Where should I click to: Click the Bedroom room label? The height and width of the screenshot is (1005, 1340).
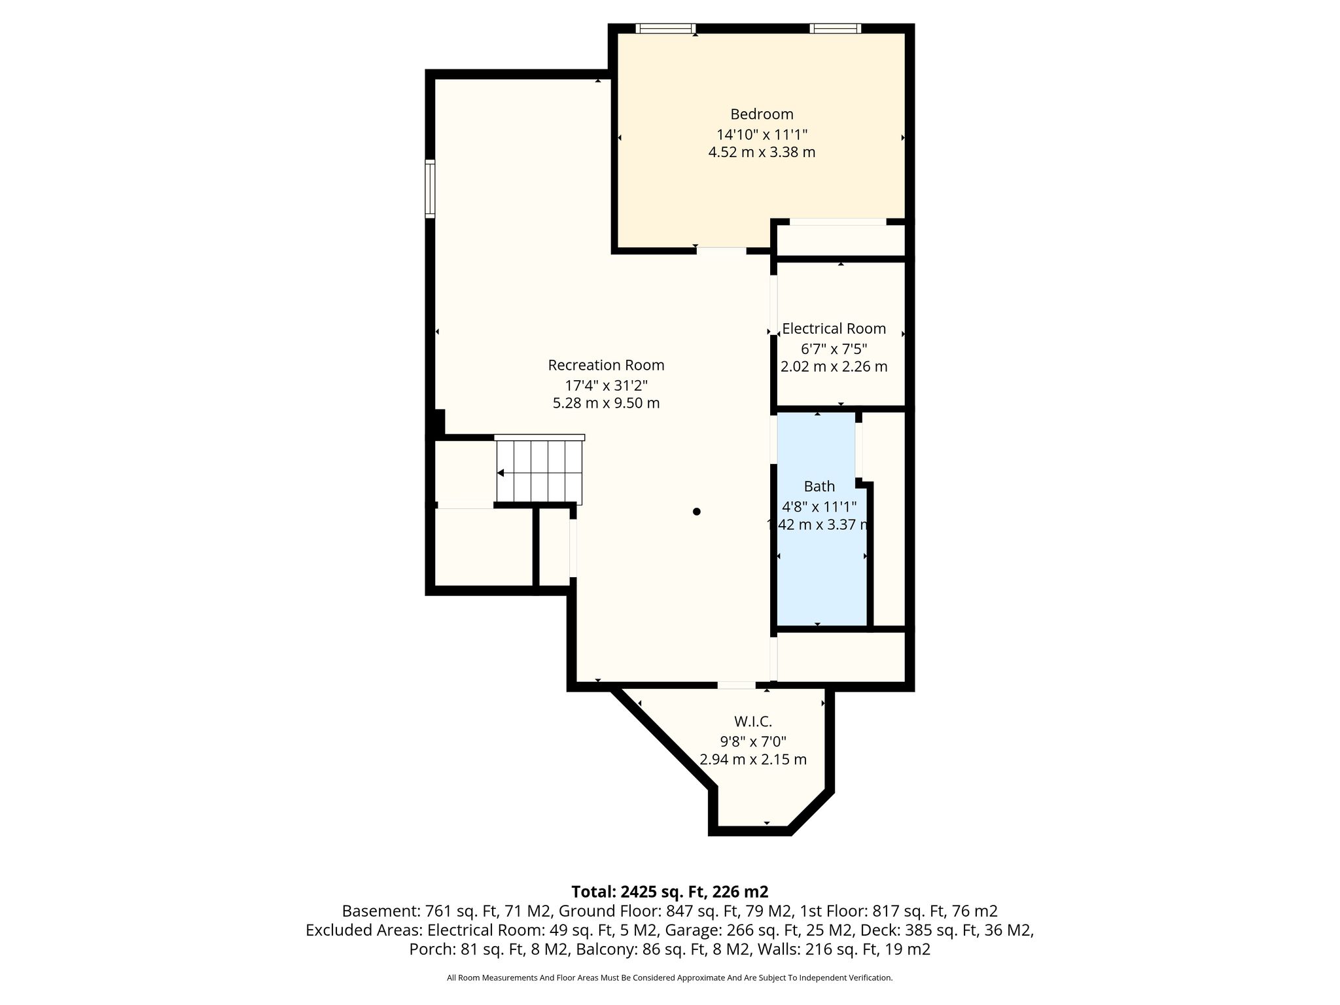pos(762,114)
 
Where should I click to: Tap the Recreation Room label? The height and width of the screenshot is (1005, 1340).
pos(606,365)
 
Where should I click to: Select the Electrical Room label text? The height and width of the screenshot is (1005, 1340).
pos(834,328)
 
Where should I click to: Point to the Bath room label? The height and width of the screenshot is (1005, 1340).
pos(819,486)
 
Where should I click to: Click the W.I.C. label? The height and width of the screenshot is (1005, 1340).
pos(753,722)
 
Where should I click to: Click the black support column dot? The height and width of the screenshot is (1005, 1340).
pos(697,512)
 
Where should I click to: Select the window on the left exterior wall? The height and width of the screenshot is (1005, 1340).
pos(430,188)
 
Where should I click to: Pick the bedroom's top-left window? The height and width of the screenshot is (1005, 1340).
pos(665,28)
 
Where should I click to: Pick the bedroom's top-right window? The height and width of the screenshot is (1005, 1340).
pos(835,28)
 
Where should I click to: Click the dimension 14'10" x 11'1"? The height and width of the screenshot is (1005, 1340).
pos(762,135)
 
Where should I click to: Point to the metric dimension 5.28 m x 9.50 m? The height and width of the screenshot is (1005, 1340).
pos(606,403)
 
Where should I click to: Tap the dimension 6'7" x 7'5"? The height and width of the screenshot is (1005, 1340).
pos(834,349)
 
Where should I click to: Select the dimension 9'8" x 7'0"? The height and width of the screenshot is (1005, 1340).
pos(753,741)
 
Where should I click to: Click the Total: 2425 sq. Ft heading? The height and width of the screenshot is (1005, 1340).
pos(670,892)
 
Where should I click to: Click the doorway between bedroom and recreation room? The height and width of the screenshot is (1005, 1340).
pos(721,250)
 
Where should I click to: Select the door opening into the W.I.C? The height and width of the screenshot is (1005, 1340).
pos(737,685)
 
